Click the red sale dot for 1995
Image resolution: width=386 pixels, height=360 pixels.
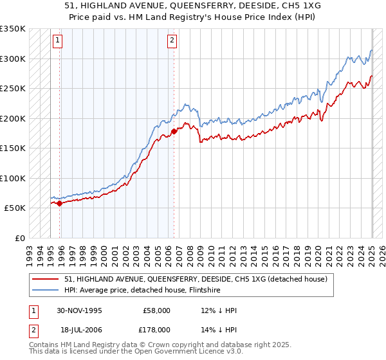coord(60,204)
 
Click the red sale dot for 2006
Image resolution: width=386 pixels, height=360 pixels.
coord(174,131)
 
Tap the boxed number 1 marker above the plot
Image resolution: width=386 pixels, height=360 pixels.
coord(57,40)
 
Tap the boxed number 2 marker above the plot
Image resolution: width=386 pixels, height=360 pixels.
coord(172,40)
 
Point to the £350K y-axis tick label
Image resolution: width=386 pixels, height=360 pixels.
coord(13,29)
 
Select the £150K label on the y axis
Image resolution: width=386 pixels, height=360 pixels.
coord(13,148)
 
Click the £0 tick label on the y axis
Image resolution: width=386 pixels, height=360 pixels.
coord(19,238)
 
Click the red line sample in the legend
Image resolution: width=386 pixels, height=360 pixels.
coord(46,279)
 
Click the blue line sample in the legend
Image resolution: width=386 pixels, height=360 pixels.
coord(46,291)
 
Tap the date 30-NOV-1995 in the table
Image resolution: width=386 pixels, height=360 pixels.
coord(79,310)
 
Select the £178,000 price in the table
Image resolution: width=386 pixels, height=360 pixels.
coord(157,329)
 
